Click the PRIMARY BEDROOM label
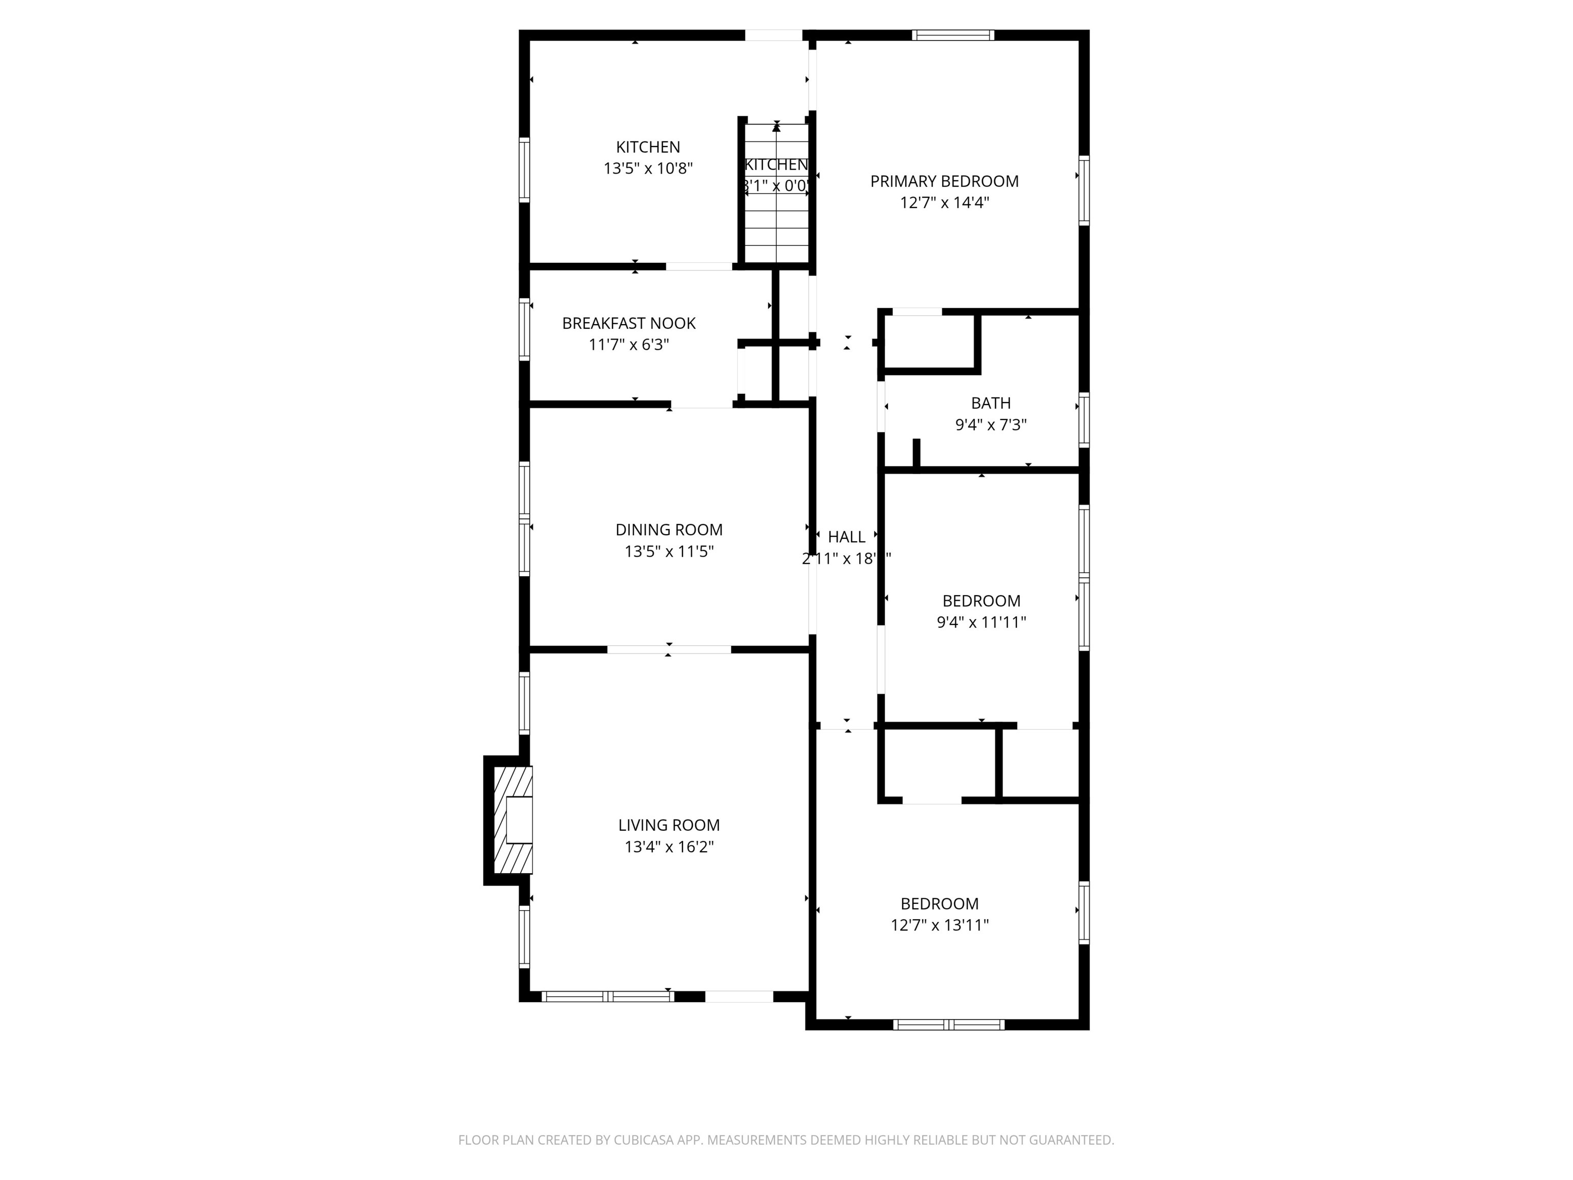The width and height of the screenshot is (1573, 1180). [x=944, y=181]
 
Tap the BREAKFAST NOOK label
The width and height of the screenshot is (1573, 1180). [x=629, y=324]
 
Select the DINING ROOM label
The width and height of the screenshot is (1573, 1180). [x=668, y=530]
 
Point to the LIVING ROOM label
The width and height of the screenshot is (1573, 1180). [x=668, y=825]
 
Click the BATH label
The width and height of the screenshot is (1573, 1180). [x=991, y=403]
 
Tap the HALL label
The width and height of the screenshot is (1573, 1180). [x=846, y=537]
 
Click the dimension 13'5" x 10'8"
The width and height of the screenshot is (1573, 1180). [x=648, y=168]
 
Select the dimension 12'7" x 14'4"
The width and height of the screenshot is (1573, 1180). [x=944, y=203]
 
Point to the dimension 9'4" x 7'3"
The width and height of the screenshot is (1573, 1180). [x=991, y=425]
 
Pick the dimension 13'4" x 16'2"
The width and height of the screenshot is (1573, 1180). [x=668, y=847]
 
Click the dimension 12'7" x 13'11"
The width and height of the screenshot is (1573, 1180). [x=940, y=924]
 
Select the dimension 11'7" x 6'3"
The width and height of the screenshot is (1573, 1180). [x=629, y=345]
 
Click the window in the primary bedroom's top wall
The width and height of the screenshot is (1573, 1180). [x=953, y=35]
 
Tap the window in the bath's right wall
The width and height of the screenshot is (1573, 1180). [x=1084, y=419]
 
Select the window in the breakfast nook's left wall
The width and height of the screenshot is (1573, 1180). [x=524, y=329]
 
